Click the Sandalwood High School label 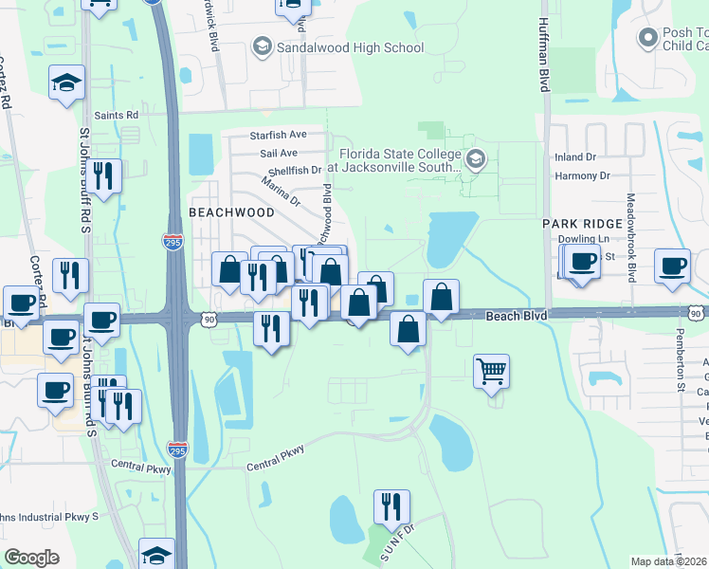click(x=350, y=46)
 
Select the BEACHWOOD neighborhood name click(x=231, y=212)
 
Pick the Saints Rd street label click(x=116, y=115)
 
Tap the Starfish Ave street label click(x=279, y=135)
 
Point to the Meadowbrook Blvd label click(x=630, y=238)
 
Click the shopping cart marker click(x=492, y=372)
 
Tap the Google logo click(x=31, y=558)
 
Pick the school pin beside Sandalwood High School click(x=262, y=46)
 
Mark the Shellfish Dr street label click(x=295, y=171)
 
